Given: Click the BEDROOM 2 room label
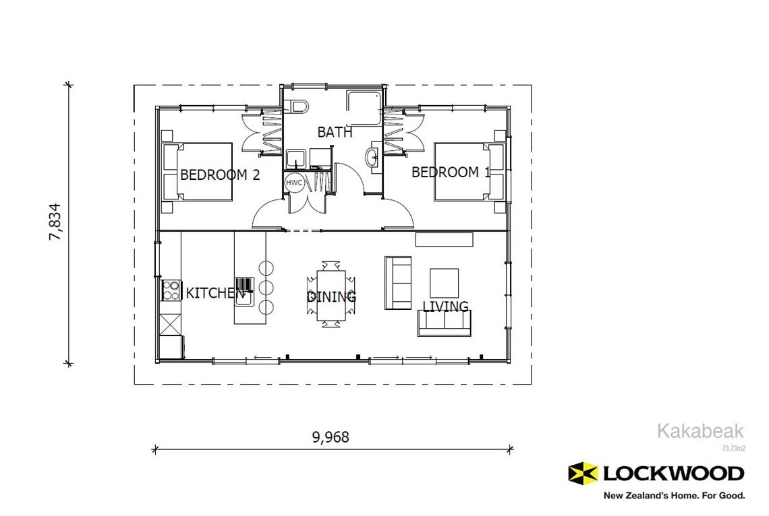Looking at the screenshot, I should point(220,175).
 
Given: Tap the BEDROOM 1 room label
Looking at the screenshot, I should point(451,172).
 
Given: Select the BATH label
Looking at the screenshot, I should point(335,132).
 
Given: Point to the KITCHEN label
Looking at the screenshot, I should point(215,293).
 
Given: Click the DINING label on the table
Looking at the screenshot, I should point(331,297).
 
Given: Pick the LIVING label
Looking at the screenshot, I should point(445,307).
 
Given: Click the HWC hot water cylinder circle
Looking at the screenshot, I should point(294,183).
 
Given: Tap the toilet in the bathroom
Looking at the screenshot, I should point(299,106).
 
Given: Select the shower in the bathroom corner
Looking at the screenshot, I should point(365,108).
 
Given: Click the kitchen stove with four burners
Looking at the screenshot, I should point(171,290).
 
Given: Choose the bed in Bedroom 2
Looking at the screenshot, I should point(198,172).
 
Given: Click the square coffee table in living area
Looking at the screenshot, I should point(444,282).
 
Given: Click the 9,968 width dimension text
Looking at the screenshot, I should point(331,437).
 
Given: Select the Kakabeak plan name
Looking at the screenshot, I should point(700,431).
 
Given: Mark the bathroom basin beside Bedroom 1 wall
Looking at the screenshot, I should point(373,158).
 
